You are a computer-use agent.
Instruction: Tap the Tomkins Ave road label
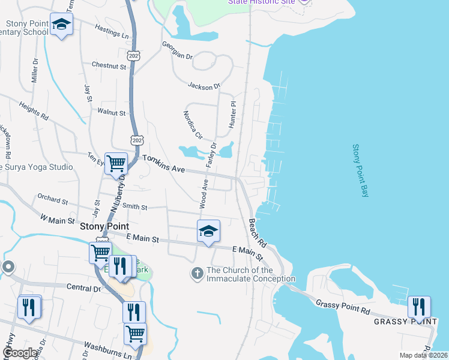point(163,164)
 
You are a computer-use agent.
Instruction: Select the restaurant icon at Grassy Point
point(418,307)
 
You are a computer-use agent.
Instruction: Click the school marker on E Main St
point(208,231)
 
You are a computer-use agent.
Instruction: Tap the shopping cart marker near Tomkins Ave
point(116,163)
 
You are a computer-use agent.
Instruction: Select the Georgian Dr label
point(176,51)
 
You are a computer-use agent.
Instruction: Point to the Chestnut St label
point(109,65)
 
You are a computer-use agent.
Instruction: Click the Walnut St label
point(111,112)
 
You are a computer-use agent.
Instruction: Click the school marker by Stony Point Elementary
point(61,25)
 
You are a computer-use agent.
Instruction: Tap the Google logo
point(20,352)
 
